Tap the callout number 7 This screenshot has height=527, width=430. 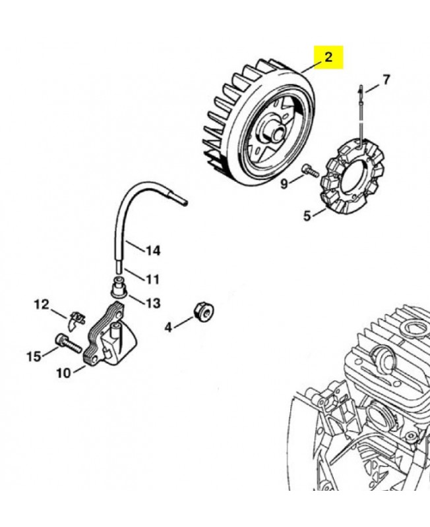point(386,80)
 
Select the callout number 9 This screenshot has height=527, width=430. point(284,184)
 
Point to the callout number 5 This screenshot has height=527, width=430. point(307,215)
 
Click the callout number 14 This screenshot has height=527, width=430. point(153,250)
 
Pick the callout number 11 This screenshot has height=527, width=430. point(152,279)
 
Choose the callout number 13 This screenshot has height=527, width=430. point(153,303)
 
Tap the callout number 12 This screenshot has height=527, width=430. point(42,304)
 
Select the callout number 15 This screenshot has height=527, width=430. point(34,356)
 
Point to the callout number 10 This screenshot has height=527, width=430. point(63,374)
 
